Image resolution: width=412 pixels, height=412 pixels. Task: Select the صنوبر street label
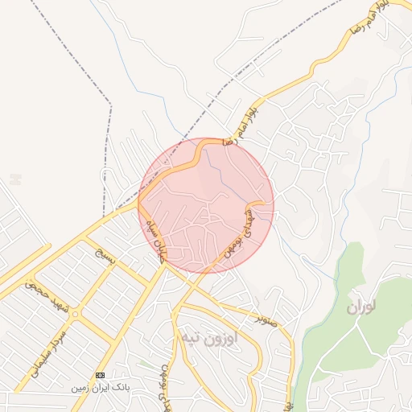pyautogui.click(x=267, y=319)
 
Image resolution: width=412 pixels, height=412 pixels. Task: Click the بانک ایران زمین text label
pyautogui.click(x=100, y=387)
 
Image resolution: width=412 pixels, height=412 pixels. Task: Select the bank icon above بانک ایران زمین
pyautogui.click(x=100, y=375)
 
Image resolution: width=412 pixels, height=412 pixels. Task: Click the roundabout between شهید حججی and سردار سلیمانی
pyautogui.click(x=75, y=314)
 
